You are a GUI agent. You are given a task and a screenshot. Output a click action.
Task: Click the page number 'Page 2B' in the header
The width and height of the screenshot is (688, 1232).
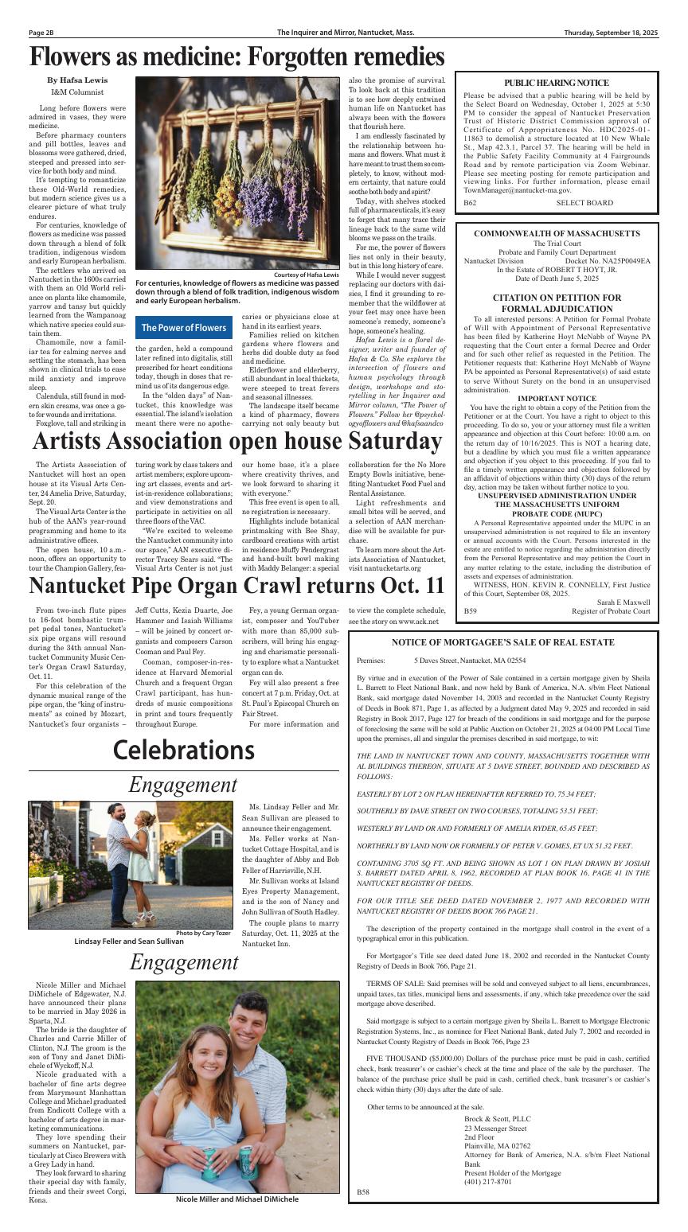pos(41,33)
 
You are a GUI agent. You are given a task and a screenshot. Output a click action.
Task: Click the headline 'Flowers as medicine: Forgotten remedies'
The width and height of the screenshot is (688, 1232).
pos(236,57)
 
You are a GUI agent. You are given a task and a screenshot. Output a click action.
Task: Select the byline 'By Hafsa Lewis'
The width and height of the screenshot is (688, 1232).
pos(77,80)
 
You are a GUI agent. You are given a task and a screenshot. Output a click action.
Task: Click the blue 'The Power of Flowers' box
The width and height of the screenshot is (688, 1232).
pos(184,328)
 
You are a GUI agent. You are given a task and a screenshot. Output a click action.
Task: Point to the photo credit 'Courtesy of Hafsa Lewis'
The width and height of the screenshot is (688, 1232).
pos(306,275)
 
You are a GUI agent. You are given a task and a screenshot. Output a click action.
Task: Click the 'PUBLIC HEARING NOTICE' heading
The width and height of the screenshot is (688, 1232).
pos(557,83)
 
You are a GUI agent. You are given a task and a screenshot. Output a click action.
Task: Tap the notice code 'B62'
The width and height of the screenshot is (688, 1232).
pos(470,203)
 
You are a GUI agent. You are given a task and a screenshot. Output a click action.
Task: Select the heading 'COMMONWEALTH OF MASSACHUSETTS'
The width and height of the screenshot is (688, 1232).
pos(557,233)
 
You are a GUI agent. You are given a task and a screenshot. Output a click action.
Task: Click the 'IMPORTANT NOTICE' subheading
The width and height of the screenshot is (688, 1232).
pos(557,398)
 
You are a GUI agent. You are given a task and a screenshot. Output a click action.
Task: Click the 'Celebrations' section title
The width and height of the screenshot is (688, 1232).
pos(183,750)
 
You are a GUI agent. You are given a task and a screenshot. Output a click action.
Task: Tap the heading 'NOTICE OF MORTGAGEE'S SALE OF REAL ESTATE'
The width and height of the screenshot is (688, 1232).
pos(502,642)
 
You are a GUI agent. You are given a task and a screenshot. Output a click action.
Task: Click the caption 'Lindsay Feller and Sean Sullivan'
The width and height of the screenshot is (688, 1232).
pos(129,940)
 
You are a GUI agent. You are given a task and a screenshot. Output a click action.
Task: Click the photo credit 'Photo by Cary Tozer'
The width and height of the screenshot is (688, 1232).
pos(203,932)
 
